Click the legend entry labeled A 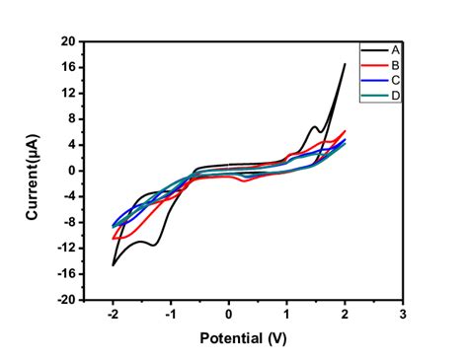point(395,49)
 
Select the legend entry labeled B point(395,64)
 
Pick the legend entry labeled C point(395,80)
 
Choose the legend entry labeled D point(395,95)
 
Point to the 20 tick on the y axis point(68,41)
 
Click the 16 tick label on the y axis point(68,67)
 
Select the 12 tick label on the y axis point(68,93)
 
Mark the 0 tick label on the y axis point(71,171)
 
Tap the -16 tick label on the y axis point(66,274)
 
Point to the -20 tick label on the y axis point(66,300)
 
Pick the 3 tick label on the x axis point(403,314)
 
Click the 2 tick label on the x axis point(345,314)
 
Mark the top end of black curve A point(345,64)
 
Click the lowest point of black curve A point(114,264)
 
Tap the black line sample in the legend point(372,49)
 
